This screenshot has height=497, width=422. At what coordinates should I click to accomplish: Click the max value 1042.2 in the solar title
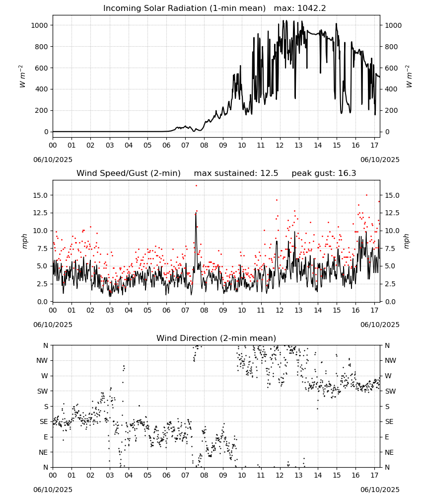312,8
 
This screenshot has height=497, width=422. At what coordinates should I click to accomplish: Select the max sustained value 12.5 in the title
269,173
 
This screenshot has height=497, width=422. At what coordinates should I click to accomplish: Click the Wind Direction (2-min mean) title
216,338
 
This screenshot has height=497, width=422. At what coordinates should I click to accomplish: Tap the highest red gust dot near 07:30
196,186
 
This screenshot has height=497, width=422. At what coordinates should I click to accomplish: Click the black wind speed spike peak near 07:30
196,213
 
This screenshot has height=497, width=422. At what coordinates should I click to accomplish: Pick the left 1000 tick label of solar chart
40,25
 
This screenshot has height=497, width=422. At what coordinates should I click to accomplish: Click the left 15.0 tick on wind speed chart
40,195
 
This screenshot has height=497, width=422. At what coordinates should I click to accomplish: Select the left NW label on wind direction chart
42,360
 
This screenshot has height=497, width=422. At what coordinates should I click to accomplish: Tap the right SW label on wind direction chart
390,391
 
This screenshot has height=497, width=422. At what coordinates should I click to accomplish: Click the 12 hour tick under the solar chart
280,145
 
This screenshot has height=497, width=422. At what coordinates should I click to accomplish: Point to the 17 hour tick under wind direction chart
374,475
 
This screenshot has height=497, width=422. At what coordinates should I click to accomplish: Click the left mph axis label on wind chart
25,241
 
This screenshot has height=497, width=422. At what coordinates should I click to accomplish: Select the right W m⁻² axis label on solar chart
409,77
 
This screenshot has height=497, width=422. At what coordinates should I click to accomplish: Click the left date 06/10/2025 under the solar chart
53,160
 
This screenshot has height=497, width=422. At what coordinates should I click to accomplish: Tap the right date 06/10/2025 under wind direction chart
380,490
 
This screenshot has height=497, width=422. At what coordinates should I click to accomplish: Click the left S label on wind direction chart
46,407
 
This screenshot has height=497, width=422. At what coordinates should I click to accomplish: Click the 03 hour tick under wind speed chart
110,310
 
